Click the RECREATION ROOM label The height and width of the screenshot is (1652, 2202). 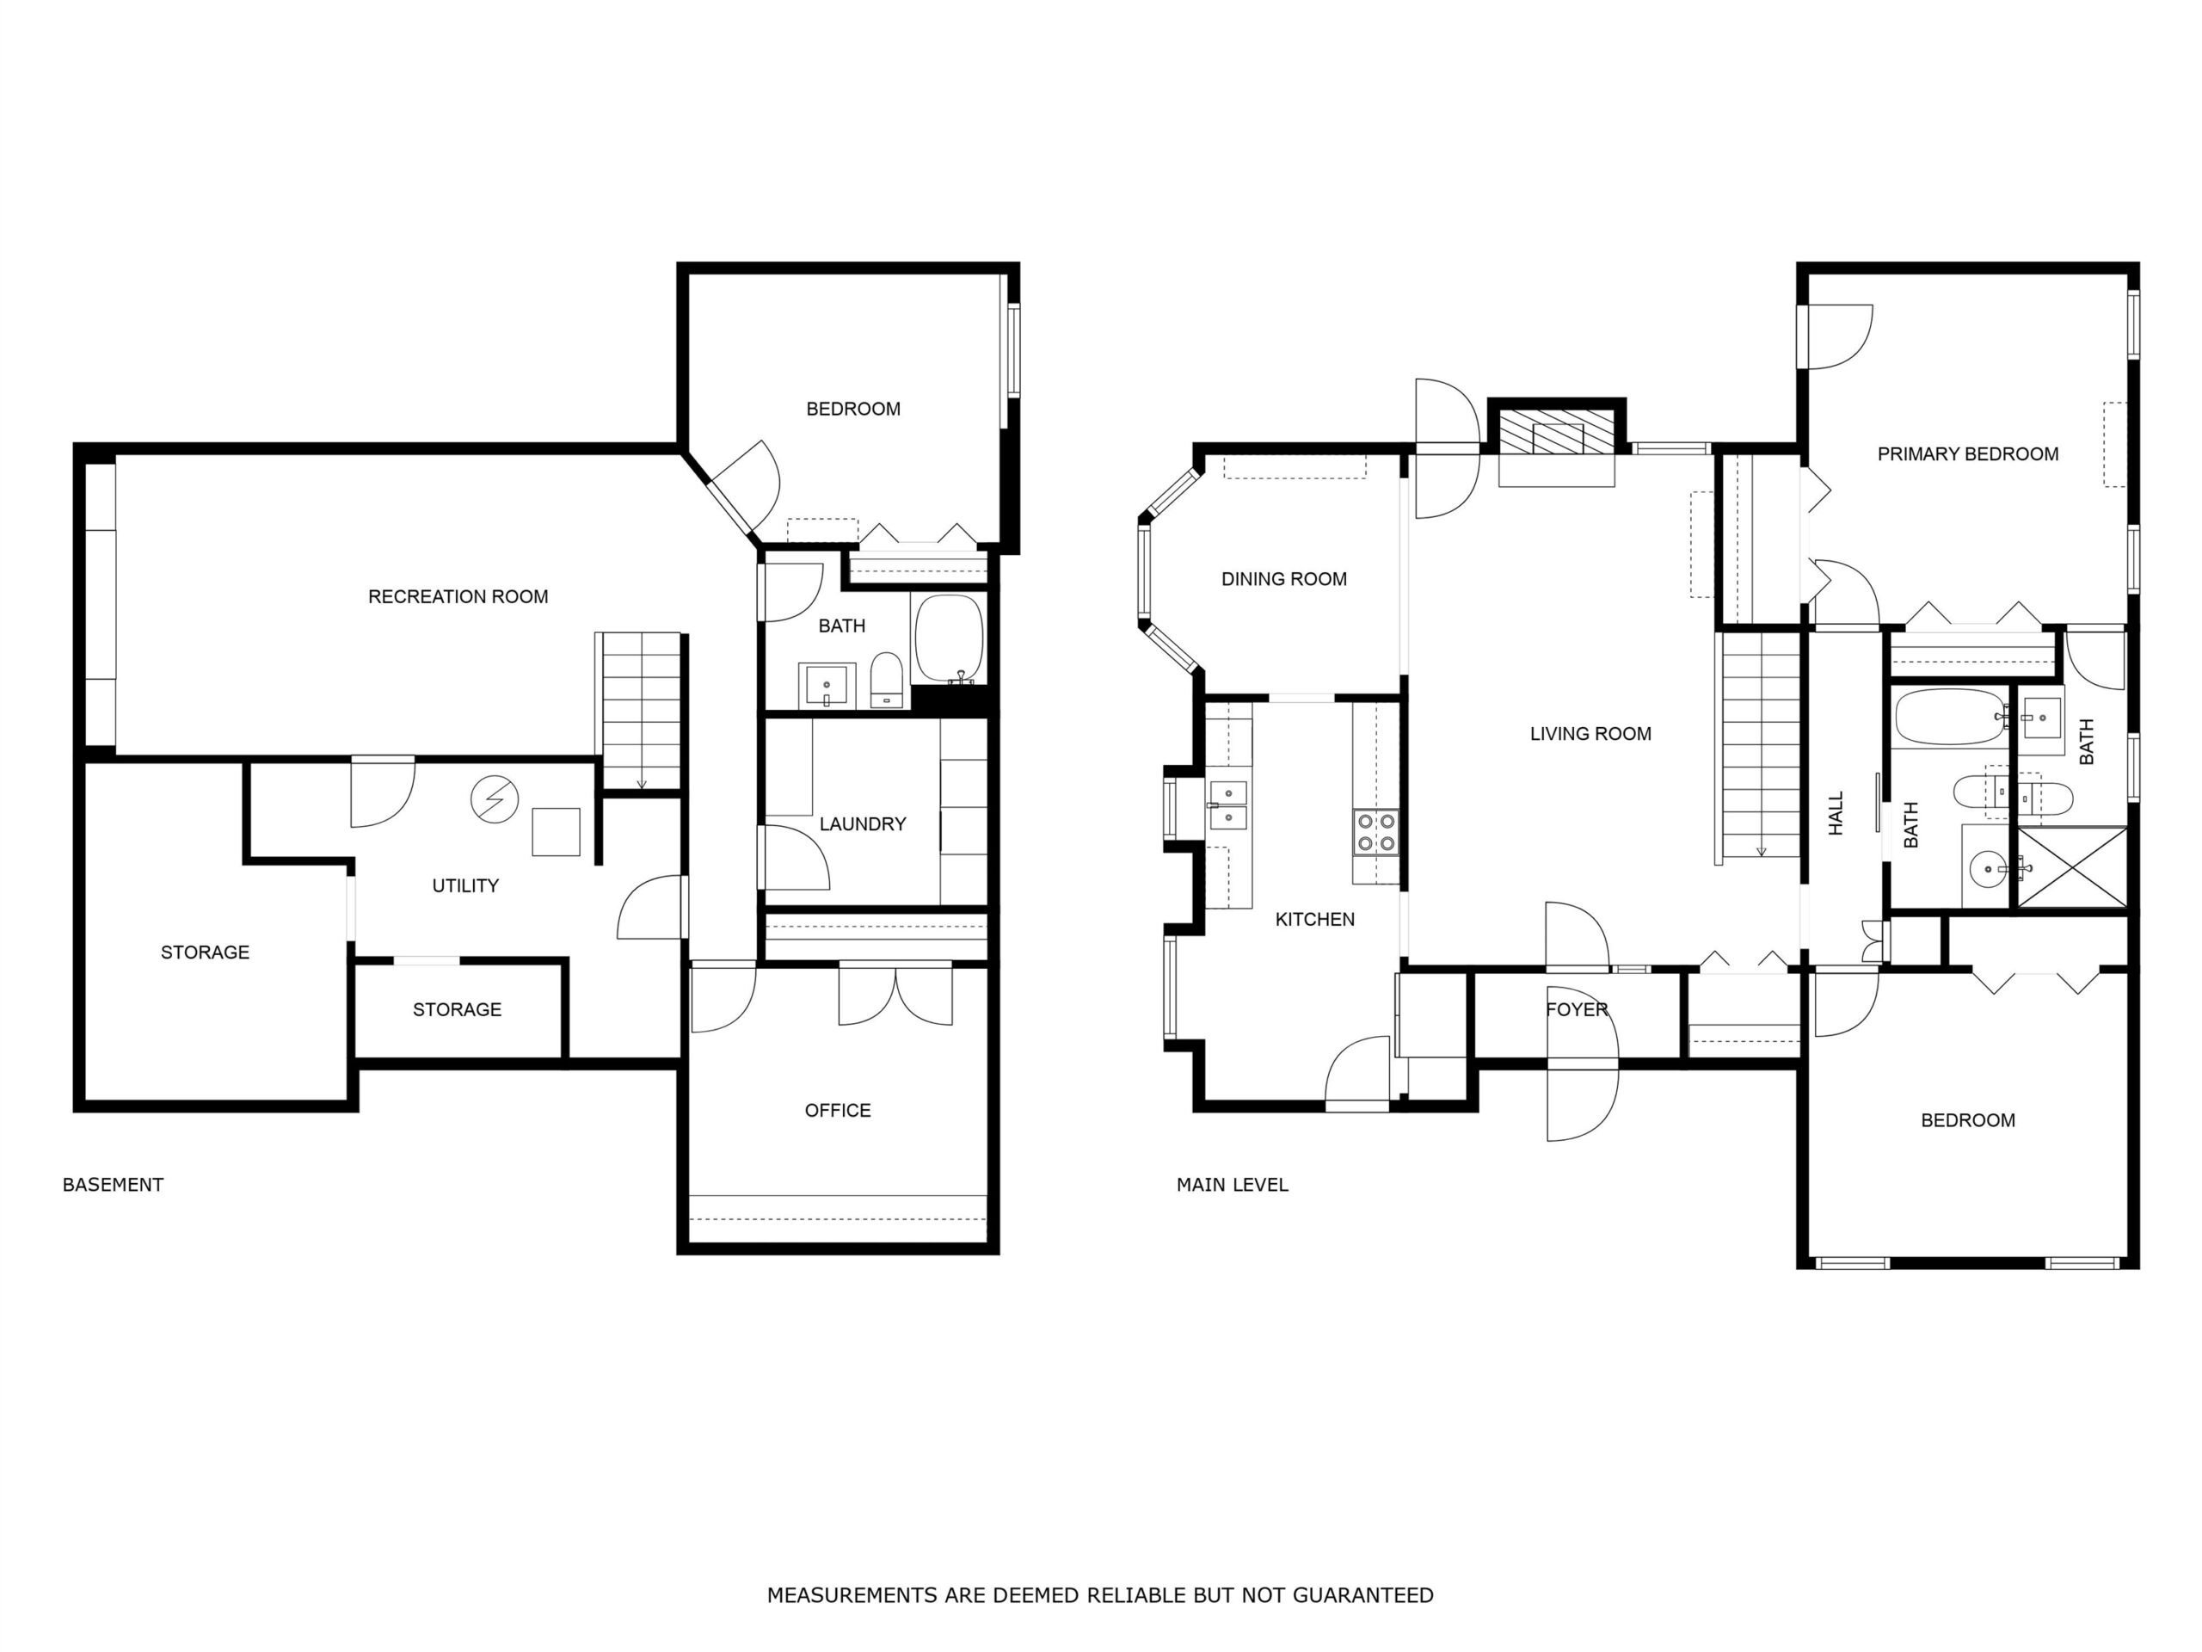(x=458, y=596)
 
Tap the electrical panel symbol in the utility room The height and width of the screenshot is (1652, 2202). (x=495, y=798)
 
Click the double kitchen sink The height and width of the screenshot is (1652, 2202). (x=1228, y=805)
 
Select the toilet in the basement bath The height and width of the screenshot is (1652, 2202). (x=885, y=680)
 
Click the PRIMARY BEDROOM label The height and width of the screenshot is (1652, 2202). (x=1967, y=454)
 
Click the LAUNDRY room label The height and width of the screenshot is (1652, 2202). (x=862, y=823)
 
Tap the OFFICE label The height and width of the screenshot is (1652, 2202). (x=837, y=1110)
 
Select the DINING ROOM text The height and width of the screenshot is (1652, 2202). (x=1284, y=578)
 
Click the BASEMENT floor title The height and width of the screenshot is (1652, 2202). (x=113, y=1184)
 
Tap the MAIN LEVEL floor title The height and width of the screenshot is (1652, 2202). (x=1233, y=1184)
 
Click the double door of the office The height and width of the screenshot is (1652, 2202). (x=895, y=994)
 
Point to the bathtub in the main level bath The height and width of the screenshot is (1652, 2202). (x=1949, y=717)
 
